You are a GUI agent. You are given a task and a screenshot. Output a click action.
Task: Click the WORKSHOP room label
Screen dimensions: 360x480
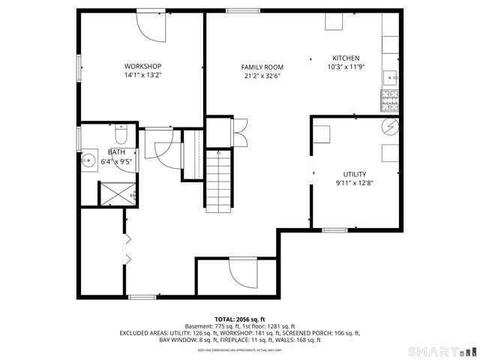142,66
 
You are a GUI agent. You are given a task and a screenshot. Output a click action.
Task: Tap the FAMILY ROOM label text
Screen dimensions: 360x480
262,67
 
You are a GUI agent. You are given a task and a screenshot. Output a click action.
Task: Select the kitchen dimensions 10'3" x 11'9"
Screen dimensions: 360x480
346,67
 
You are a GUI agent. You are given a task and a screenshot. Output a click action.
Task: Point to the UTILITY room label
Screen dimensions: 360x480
355,174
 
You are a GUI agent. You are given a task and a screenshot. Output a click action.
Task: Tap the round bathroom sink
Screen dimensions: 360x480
89,159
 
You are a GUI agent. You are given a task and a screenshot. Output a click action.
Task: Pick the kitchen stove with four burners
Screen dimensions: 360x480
391,98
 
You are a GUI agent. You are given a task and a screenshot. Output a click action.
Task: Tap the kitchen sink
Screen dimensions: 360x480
391,76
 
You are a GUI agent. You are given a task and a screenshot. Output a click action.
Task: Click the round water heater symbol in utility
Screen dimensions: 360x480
391,127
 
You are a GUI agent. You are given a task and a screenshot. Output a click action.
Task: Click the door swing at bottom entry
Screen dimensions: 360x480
242,274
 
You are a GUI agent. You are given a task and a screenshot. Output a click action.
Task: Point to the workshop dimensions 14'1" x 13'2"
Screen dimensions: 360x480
142,75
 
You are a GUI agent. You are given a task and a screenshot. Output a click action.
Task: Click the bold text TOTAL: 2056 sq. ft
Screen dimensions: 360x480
240,319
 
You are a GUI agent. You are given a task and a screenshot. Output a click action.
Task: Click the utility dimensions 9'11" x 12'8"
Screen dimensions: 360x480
355,182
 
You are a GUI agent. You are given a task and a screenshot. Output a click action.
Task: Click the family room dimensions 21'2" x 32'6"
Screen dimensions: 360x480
262,75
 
